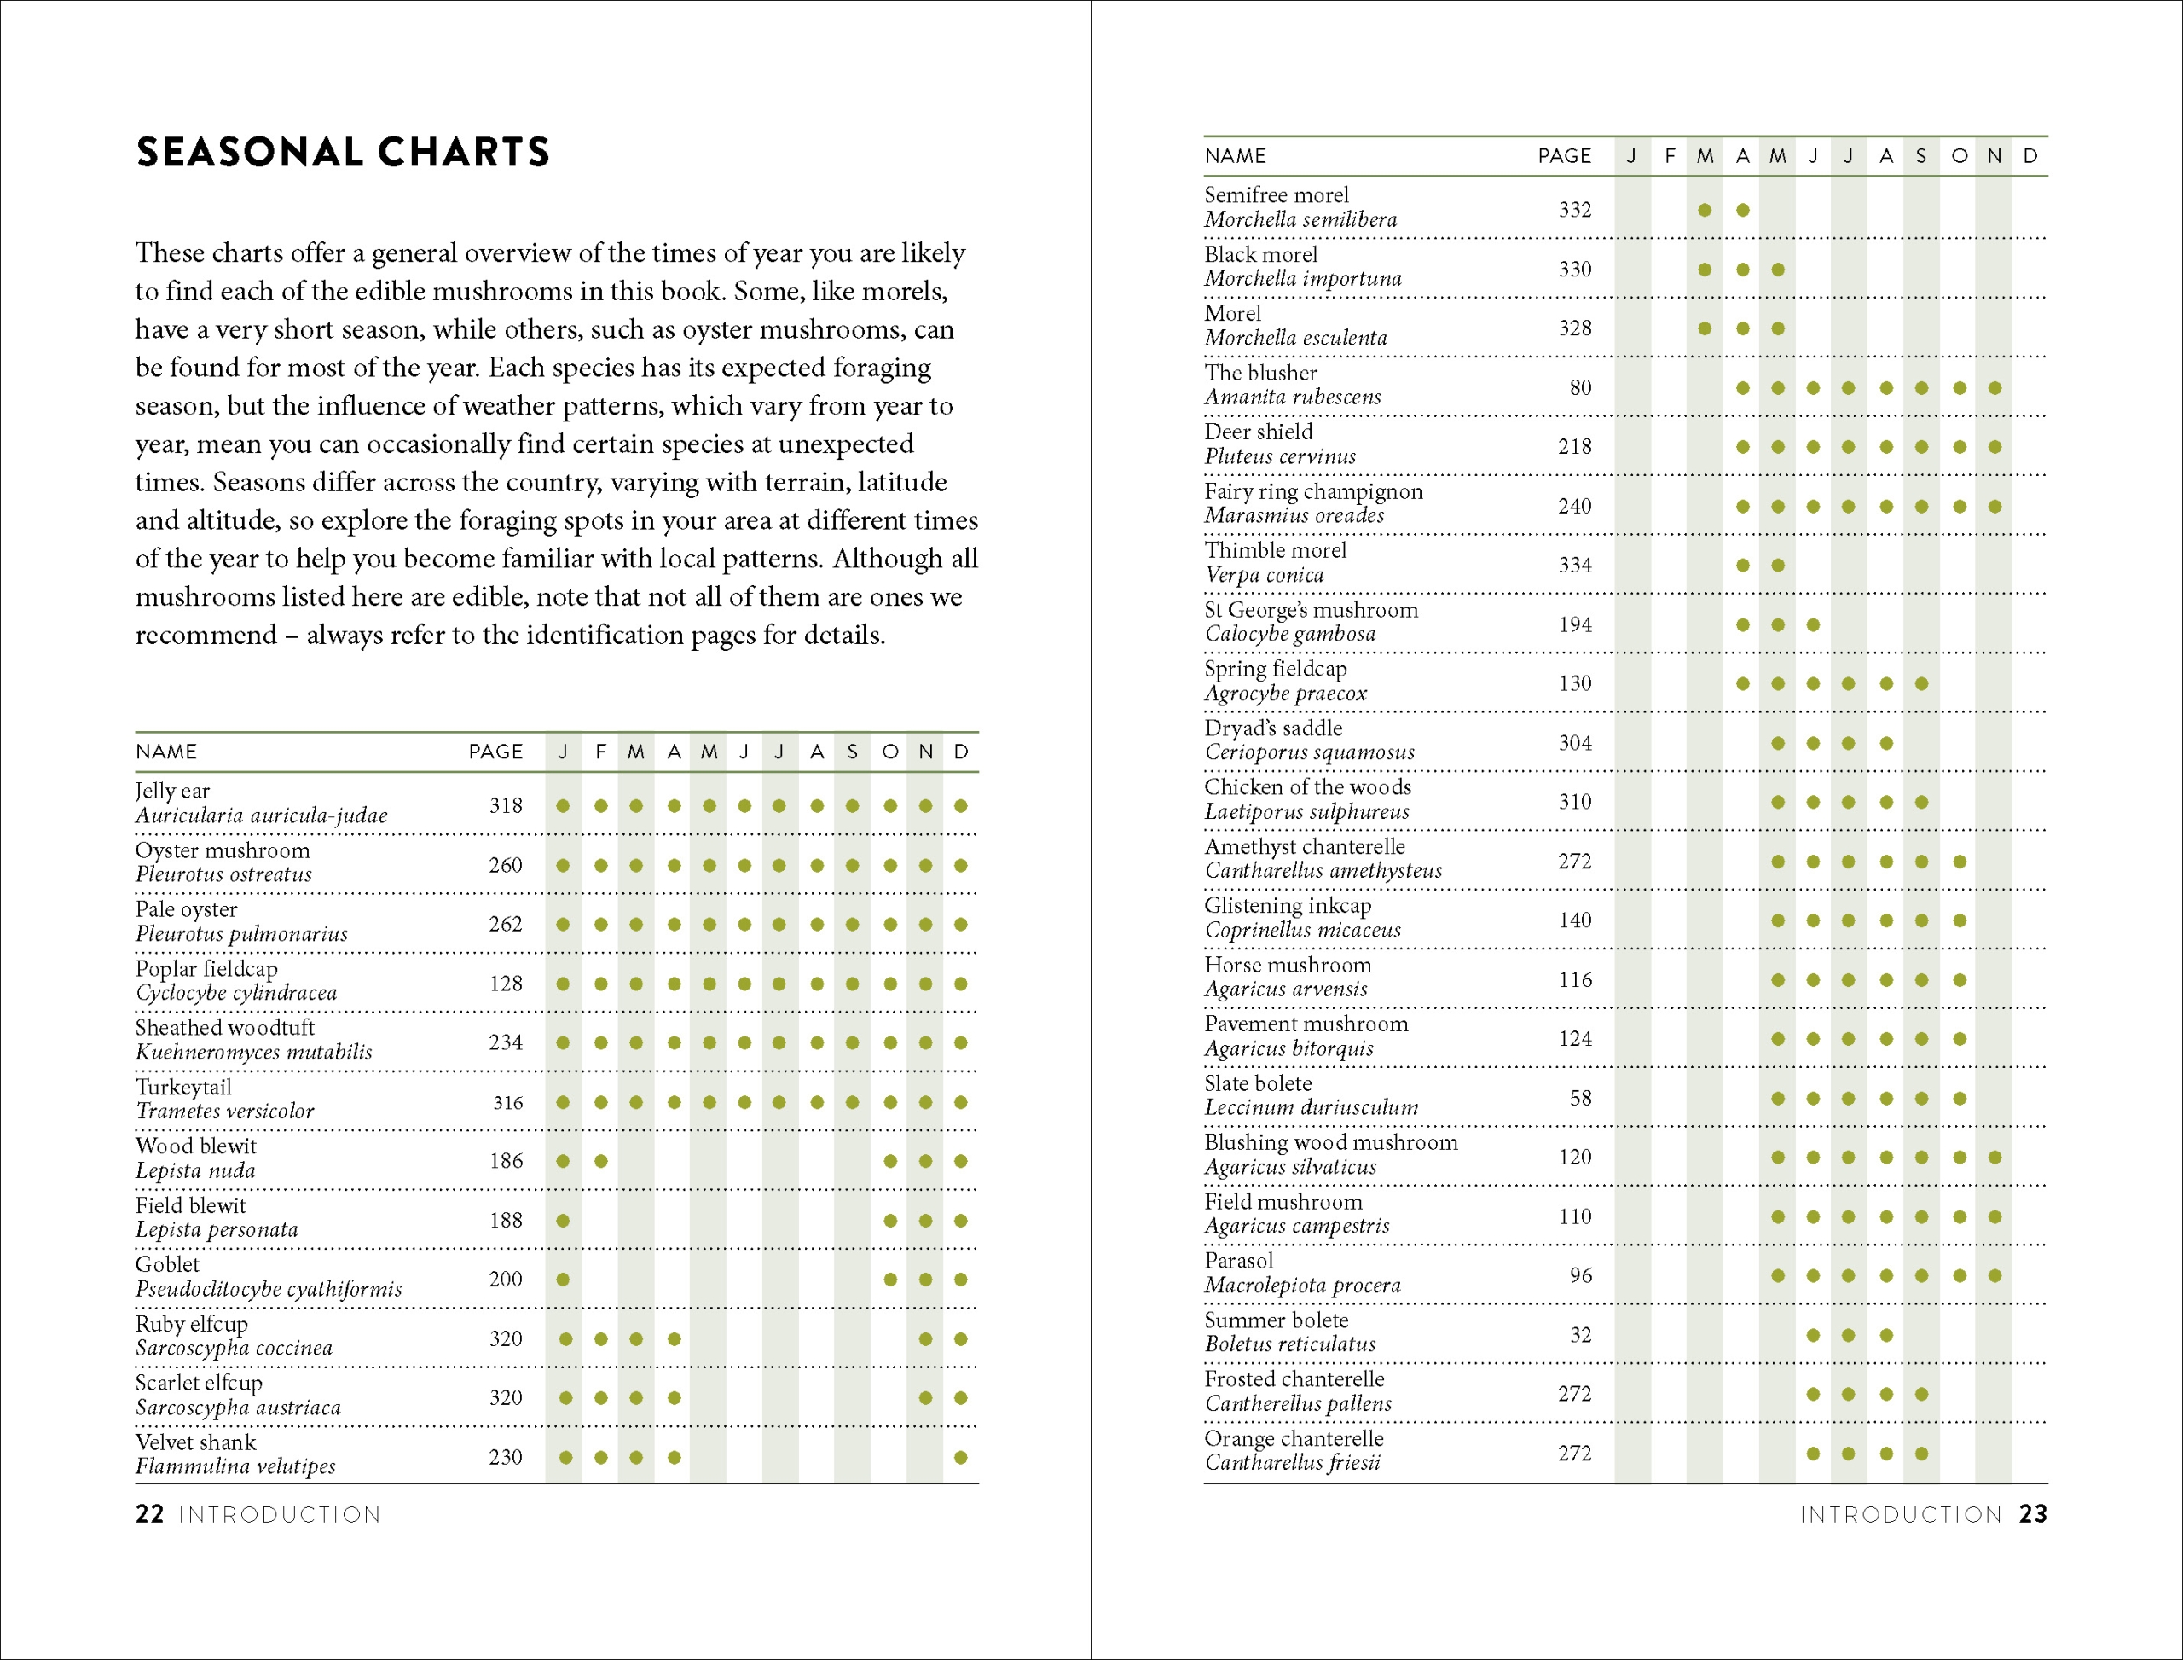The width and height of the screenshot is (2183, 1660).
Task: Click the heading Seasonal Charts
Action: pos(342,152)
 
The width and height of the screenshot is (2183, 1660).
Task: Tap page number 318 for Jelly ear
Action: pos(506,805)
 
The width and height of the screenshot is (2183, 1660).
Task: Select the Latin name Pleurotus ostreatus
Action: pos(223,874)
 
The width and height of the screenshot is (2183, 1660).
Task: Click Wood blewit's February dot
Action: pos(600,1161)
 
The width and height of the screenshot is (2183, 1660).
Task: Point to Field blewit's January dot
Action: pos(563,1221)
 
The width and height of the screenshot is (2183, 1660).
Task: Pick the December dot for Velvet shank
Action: pos(961,1458)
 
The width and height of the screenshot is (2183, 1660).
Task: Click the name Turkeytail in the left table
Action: pos(183,1087)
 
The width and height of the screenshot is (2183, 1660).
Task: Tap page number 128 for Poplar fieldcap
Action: pos(506,984)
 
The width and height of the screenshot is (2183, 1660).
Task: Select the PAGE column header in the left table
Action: pos(496,752)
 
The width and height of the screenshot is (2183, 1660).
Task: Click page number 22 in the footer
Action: pos(149,1515)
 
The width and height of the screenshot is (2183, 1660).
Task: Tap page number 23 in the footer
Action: pos(2033,1515)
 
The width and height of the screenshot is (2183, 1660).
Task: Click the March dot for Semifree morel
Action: pos(1705,210)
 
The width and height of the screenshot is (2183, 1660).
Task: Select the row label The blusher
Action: pos(1260,374)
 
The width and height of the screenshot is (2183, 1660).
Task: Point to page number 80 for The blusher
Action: pos(1580,387)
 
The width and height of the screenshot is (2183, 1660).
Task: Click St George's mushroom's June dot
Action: pos(1813,624)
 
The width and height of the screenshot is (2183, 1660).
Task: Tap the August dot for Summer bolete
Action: pos(1885,1335)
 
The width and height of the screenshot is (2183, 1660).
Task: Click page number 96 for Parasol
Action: pos(1580,1275)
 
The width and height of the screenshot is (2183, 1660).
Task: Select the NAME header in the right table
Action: pos(1235,156)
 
